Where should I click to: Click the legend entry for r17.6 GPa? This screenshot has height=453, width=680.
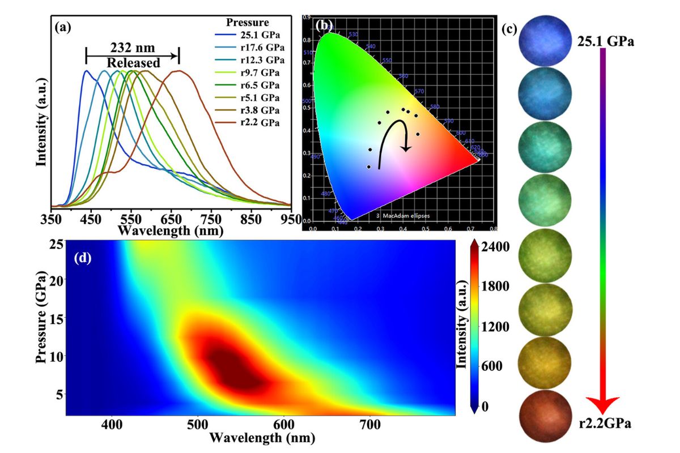click(256, 48)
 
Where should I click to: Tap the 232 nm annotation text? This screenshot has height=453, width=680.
click(132, 48)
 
